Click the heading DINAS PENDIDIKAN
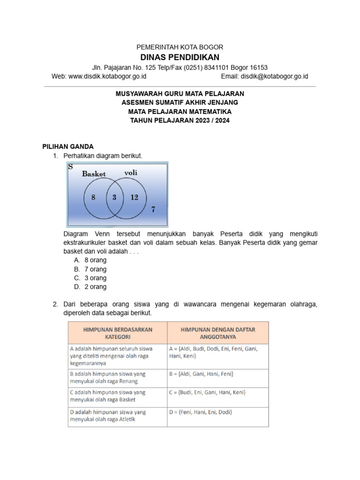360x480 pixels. [x=180, y=57]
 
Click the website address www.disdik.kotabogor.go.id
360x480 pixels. [x=108, y=76]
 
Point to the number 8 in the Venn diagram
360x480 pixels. [x=93, y=197]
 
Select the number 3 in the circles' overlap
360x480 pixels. [x=114, y=197]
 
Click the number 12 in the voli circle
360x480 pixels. [x=135, y=197]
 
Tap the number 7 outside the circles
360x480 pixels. [x=153, y=210]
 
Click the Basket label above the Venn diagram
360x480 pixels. [x=94, y=174]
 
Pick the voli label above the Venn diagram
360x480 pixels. [x=131, y=172]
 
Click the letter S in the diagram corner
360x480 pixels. [x=70, y=166]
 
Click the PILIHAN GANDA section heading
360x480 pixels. [x=68, y=146]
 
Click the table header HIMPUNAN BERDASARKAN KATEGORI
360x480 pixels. [x=118, y=333]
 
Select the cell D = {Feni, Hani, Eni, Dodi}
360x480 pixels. [x=200, y=412]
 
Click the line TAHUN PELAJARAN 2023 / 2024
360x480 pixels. [x=180, y=120]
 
